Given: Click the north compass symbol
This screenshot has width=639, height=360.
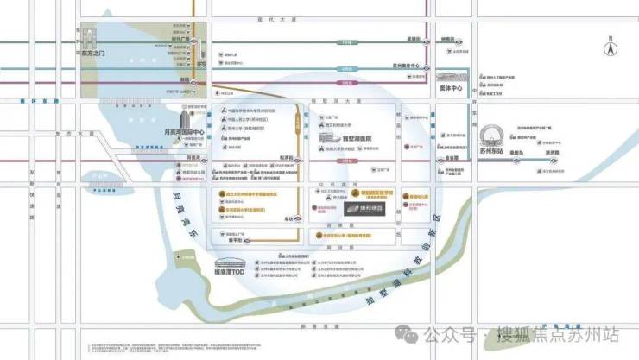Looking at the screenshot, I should click(610, 47).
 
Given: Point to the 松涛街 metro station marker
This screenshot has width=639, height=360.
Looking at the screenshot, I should click(298, 159).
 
